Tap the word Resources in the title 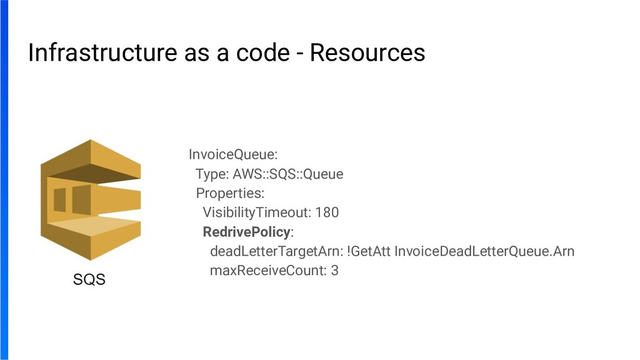(x=367, y=53)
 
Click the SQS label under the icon (x=89, y=279)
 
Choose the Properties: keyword (x=230, y=193)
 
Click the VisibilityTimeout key (x=257, y=212)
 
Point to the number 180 (x=327, y=212)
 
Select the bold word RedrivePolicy (x=247, y=232)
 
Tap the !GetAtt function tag (x=369, y=251)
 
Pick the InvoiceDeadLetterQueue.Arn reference (x=484, y=251)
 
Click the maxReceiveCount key (x=268, y=271)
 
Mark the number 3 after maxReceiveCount (x=335, y=271)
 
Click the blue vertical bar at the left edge (x=4, y=180)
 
